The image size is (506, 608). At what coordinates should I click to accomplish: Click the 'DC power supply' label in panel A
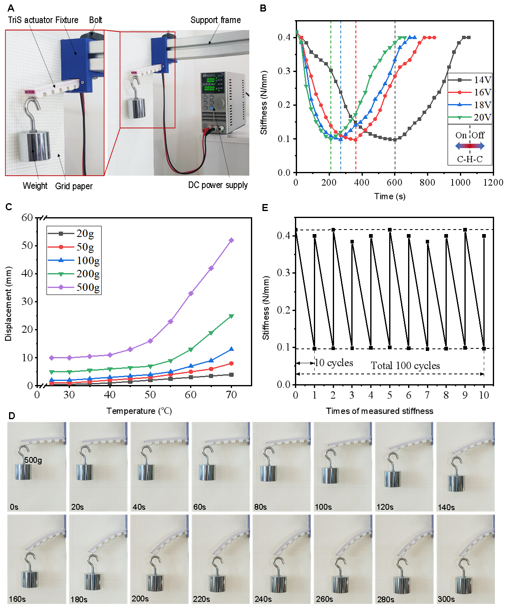(x=218, y=185)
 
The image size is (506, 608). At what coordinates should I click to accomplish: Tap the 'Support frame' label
(x=216, y=20)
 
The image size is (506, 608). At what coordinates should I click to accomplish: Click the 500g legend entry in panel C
(x=88, y=287)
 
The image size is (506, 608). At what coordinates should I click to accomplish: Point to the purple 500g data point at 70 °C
(x=231, y=240)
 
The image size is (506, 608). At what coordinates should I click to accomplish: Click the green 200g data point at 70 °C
(x=231, y=316)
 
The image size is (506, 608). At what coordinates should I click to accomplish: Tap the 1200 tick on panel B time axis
(x=493, y=183)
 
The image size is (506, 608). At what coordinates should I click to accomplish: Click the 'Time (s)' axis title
(x=390, y=196)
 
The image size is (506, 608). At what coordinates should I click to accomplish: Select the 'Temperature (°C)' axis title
(x=139, y=411)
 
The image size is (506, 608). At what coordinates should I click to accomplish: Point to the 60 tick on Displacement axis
(x=27, y=218)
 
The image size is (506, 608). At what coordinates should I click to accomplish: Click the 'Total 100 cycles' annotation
(x=405, y=366)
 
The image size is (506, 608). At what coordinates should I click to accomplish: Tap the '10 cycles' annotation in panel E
(x=334, y=363)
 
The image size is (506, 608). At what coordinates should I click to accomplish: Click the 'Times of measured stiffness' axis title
(x=379, y=411)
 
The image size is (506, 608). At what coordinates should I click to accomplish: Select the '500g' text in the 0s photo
(x=33, y=460)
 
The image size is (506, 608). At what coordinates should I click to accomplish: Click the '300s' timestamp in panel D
(x=446, y=599)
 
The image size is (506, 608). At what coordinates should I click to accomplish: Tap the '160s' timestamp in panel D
(x=17, y=599)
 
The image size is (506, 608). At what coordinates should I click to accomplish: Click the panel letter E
(x=265, y=208)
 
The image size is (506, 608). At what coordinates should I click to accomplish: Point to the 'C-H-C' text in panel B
(x=470, y=159)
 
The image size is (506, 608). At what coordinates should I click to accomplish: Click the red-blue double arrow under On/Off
(x=470, y=146)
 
